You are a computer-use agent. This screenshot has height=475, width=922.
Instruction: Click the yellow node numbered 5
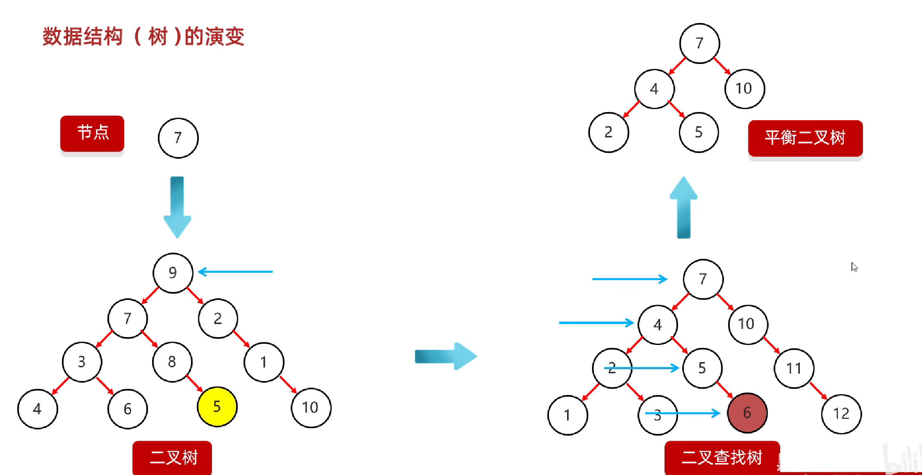pyautogui.click(x=217, y=406)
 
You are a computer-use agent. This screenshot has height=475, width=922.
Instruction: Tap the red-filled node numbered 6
pyautogui.click(x=747, y=413)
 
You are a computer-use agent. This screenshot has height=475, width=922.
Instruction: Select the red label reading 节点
pyautogui.click(x=92, y=133)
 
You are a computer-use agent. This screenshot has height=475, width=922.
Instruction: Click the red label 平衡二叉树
pyautogui.click(x=805, y=138)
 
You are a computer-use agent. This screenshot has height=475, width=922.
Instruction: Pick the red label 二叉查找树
pyautogui.click(x=722, y=457)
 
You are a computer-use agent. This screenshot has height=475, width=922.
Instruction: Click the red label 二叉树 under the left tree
pyautogui.click(x=172, y=457)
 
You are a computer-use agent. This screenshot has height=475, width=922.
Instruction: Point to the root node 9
pyautogui.click(x=173, y=273)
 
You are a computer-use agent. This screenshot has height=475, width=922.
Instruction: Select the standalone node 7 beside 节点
pyautogui.click(x=178, y=138)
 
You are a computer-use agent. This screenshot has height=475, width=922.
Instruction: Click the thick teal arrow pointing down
pyautogui.click(x=177, y=207)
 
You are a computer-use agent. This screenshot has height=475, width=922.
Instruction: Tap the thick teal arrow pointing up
pyautogui.click(x=683, y=207)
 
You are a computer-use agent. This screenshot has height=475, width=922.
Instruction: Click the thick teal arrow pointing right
pyautogui.click(x=446, y=356)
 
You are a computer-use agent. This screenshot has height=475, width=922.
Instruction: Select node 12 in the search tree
pyautogui.click(x=841, y=414)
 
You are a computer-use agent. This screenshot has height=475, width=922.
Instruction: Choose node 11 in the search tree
pyautogui.click(x=794, y=368)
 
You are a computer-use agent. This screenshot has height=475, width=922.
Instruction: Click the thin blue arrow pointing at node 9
pyautogui.click(x=235, y=272)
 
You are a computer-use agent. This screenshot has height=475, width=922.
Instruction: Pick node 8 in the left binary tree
pyautogui.click(x=172, y=362)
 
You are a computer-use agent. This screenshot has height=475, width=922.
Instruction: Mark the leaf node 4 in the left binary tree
pyautogui.click(x=38, y=409)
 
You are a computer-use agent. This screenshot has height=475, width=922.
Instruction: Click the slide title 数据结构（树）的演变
pyautogui.click(x=143, y=37)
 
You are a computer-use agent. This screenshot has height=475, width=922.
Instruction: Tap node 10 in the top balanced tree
pyautogui.click(x=744, y=89)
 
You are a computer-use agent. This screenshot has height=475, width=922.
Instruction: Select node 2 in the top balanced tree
pyautogui.click(x=608, y=132)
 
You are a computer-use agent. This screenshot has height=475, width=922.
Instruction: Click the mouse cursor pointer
pyautogui.click(x=854, y=267)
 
